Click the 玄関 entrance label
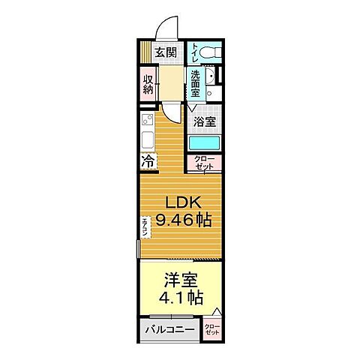click(166, 52)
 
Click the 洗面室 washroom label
click(195, 83)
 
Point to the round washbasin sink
click(212, 79)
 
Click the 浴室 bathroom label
click(205, 121)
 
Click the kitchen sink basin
click(145, 140)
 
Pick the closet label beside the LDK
click(205, 163)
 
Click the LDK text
click(183, 202)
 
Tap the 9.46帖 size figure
click(183, 220)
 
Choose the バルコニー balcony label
click(169, 330)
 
